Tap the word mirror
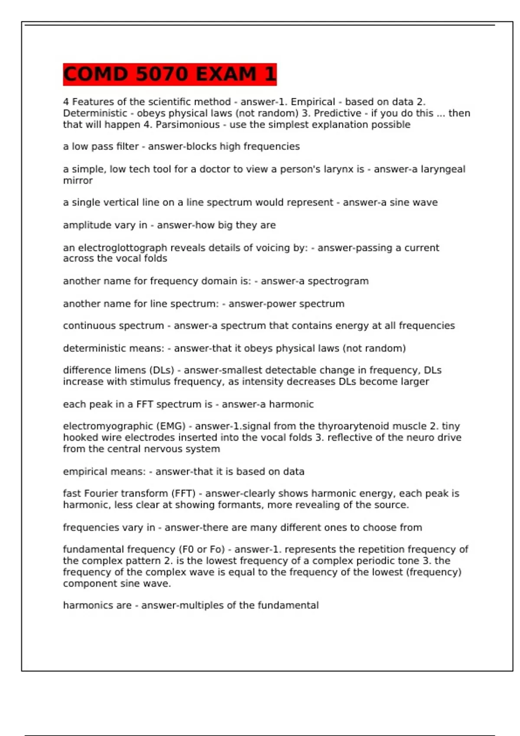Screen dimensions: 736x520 pyautogui.click(x=78, y=181)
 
